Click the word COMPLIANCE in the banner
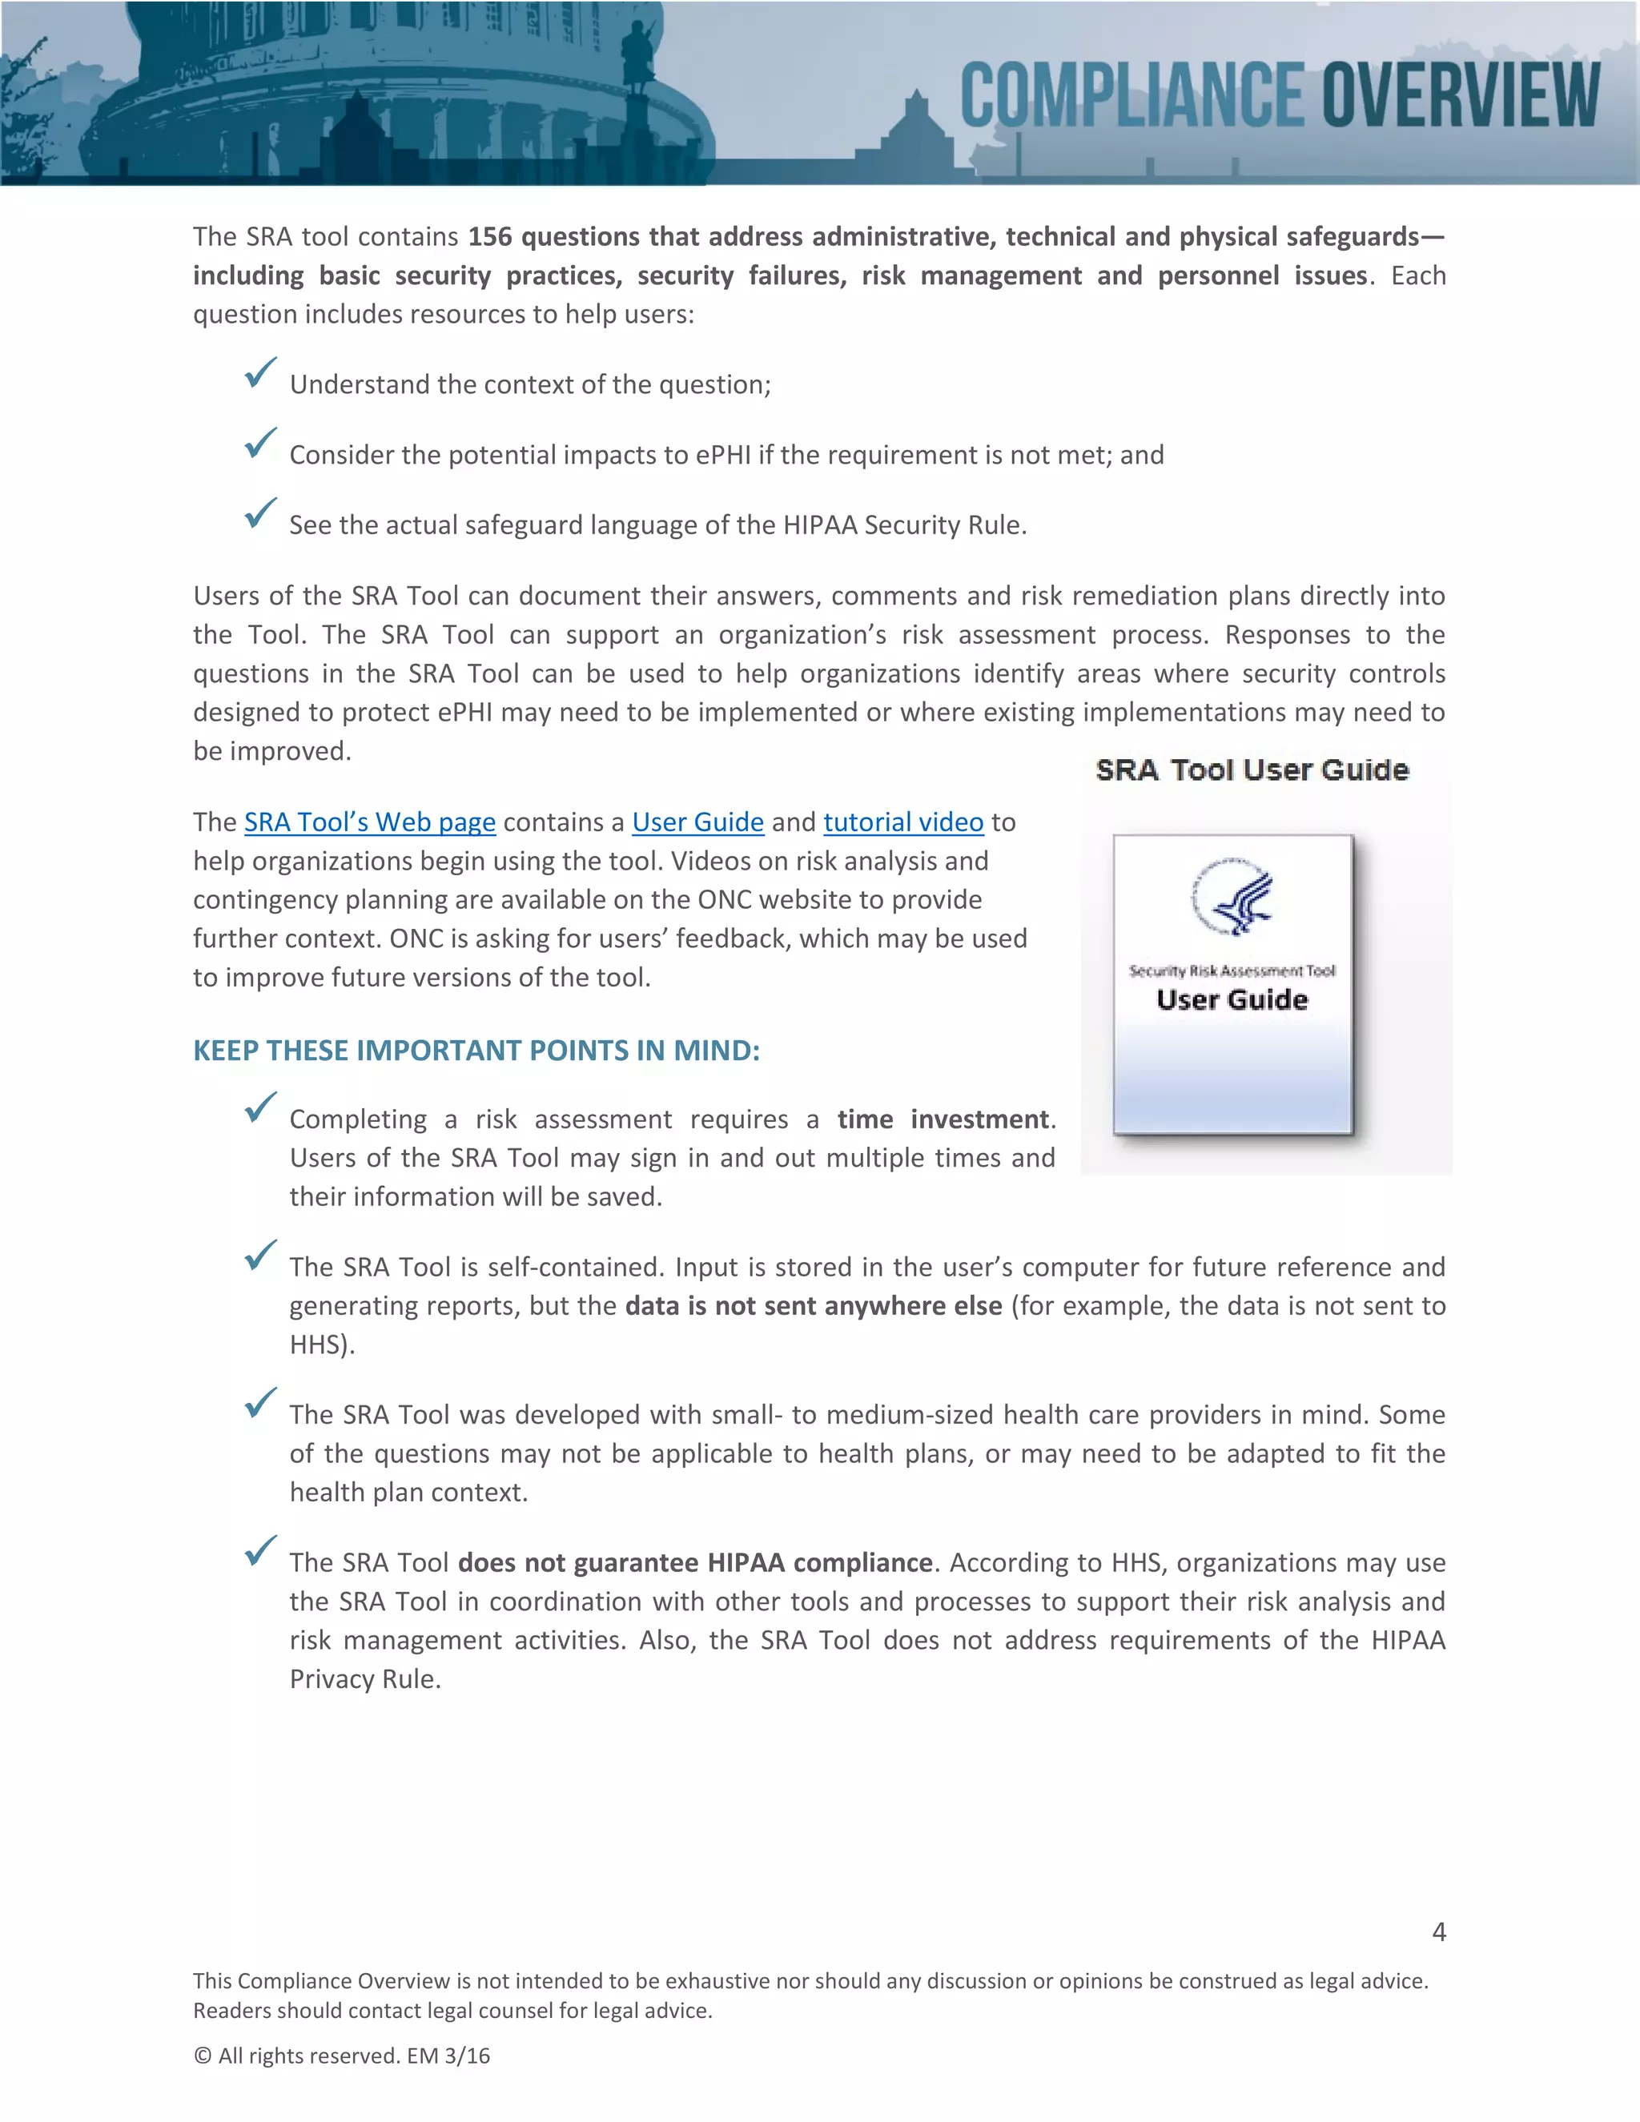(x=1132, y=94)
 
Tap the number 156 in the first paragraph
(x=489, y=237)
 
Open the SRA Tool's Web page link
(x=369, y=822)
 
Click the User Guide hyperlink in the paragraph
(x=697, y=822)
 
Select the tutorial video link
(x=903, y=822)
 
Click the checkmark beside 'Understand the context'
(x=260, y=372)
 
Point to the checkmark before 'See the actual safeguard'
(x=260, y=513)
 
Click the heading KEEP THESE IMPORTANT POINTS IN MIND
(x=476, y=1051)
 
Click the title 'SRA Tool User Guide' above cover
(x=1252, y=770)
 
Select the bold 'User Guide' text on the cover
(x=1232, y=1000)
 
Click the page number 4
(x=1439, y=1931)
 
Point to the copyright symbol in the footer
(x=202, y=2056)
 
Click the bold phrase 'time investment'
(x=943, y=1119)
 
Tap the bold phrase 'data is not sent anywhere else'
(x=814, y=1306)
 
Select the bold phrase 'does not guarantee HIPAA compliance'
(x=694, y=1562)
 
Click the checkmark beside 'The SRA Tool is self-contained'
(x=260, y=1256)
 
